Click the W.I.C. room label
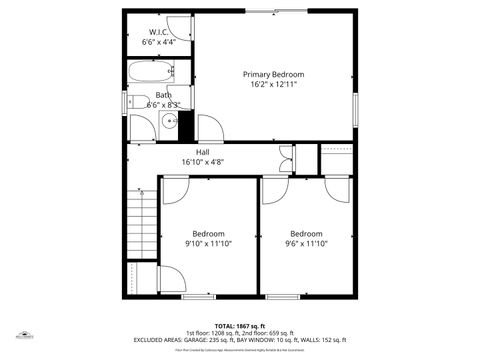point(159,32)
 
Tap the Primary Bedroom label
point(273,75)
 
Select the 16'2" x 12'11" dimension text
point(273,86)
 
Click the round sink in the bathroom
point(143,123)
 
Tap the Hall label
point(202,152)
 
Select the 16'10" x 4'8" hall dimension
point(202,162)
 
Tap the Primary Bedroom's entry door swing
point(210,128)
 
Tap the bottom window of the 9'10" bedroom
point(197,297)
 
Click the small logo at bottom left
point(22,336)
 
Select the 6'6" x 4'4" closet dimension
point(159,43)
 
